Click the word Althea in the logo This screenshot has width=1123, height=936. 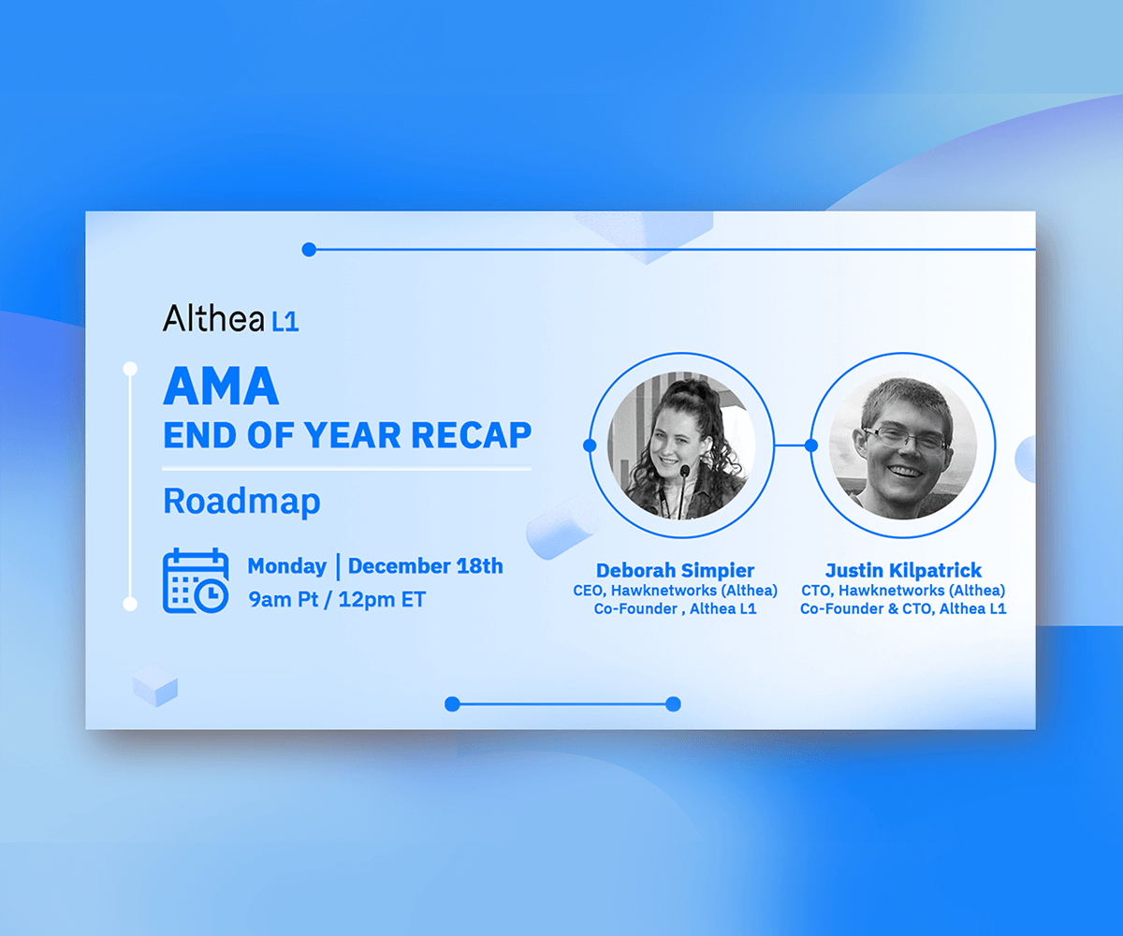click(213, 318)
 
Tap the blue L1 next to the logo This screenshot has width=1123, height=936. click(285, 322)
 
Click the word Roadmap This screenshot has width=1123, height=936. click(241, 502)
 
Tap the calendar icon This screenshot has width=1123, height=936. click(196, 580)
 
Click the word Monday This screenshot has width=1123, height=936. click(286, 566)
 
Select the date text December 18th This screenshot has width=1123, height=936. click(426, 566)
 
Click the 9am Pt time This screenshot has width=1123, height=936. click(283, 599)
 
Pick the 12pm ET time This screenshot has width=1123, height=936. click(382, 599)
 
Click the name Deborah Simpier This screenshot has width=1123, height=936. click(675, 570)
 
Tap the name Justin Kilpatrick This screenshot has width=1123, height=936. click(903, 570)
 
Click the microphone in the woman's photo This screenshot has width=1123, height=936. click(683, 490)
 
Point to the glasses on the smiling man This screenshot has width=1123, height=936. click(905, 438)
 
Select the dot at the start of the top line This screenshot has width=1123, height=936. click(309, 250)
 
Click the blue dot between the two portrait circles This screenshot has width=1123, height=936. click(811, 446)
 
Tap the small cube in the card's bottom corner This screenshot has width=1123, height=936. click(155, 685)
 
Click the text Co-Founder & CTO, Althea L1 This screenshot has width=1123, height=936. click(903, 608)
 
